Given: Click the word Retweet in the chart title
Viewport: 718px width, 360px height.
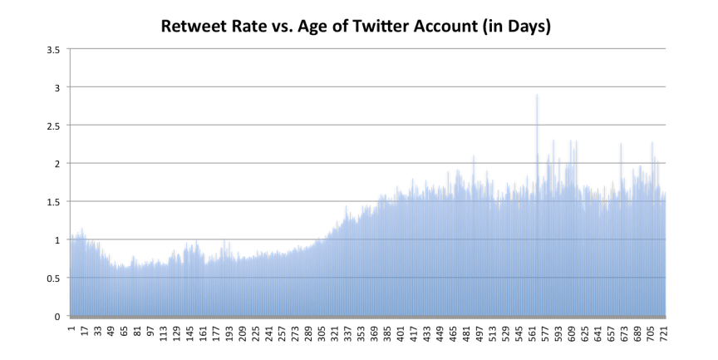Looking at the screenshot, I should [x=197, y=27].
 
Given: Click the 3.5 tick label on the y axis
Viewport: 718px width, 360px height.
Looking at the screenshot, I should [x=52, y=49].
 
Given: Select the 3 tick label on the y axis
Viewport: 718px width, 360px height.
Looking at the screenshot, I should [x=57, y=87].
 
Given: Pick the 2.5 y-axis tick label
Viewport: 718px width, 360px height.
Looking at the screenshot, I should [x=52, y=126].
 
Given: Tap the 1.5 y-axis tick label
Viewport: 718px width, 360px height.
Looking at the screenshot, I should [x=52, y=202].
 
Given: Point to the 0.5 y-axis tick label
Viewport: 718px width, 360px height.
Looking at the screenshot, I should [x=52, y=278].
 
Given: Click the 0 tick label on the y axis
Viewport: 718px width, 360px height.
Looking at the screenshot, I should [x=57, y=316].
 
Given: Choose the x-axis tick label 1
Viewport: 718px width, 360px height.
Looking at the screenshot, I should [x=72, y=331].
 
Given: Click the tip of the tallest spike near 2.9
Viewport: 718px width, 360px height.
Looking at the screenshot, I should [x=537, y=95].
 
